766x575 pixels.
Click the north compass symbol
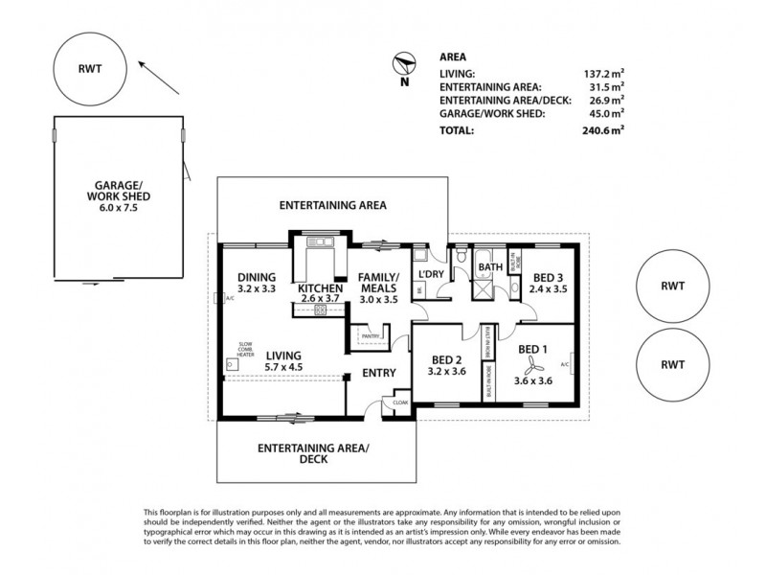[404, 66]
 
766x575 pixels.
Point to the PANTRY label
[371, 336]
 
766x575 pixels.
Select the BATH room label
[489, 267]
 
